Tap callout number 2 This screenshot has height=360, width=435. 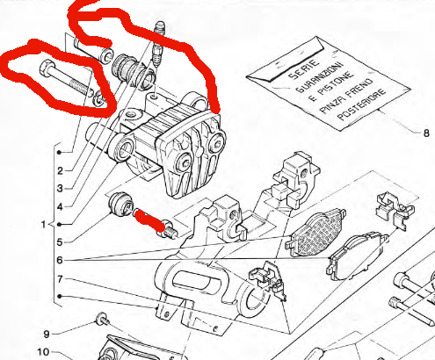pos(59,169)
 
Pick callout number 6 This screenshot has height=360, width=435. pos(59,261)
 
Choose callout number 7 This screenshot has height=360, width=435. pos(59,279)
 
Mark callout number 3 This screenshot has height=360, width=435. pos(59,187)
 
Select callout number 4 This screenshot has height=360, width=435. pos(59,205)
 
